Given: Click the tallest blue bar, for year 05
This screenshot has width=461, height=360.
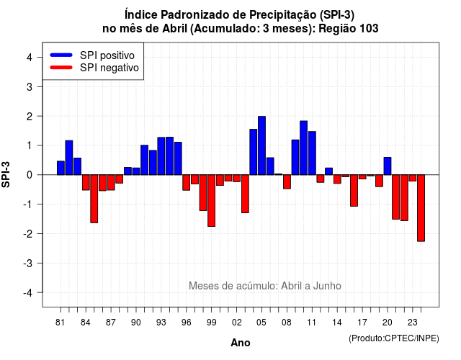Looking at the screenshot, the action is pos(261,145).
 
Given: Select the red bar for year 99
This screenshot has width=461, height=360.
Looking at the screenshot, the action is pos(211,200).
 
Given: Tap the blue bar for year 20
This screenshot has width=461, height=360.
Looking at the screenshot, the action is pos(388,166).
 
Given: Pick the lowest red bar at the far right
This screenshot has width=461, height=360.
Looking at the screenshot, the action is pos(421,208).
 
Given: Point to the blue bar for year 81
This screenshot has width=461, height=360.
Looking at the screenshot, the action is pos(61,168).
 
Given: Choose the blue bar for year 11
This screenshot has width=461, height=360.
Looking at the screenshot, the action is pos(312,153).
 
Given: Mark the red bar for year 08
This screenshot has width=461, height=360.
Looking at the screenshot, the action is pos(287,181).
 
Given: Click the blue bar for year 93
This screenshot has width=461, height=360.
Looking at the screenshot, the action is pos(161,156).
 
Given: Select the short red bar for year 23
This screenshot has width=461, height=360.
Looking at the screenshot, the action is pos(413,178).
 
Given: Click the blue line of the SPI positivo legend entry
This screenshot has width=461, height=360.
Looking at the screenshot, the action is pos(61,55).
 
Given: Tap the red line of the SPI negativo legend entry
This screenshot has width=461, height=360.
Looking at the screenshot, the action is pos(61,68).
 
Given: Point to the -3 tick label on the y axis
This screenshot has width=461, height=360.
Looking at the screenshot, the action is pos(28,264).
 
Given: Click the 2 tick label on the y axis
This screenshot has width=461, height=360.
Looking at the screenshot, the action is pos(30,117).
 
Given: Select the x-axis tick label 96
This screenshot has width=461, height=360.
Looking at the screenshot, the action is pos(187,323).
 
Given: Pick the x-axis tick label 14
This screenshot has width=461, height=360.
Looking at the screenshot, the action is pos(337,323).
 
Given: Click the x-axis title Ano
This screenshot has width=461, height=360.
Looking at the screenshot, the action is pos(241,343).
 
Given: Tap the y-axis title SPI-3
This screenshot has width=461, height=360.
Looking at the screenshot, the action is pos(6,174).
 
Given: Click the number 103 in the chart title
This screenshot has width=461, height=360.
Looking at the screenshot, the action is pos(369,29).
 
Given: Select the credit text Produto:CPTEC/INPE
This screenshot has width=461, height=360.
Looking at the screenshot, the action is pos(394,338).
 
